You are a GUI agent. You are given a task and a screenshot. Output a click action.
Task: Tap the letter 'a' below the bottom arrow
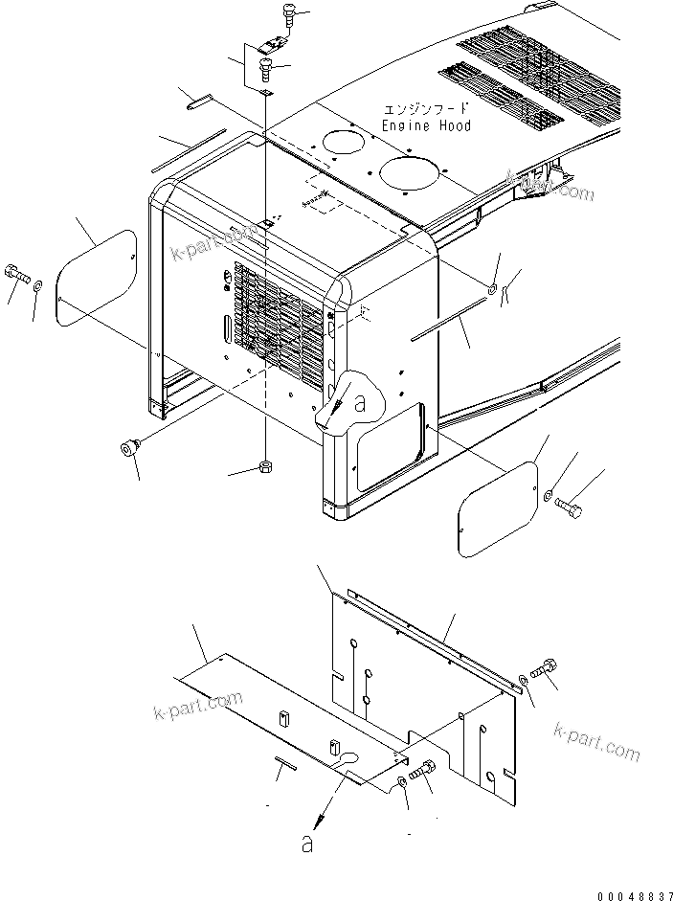(306, 844)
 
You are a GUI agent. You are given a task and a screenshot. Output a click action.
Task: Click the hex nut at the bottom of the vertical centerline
(266, 467)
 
